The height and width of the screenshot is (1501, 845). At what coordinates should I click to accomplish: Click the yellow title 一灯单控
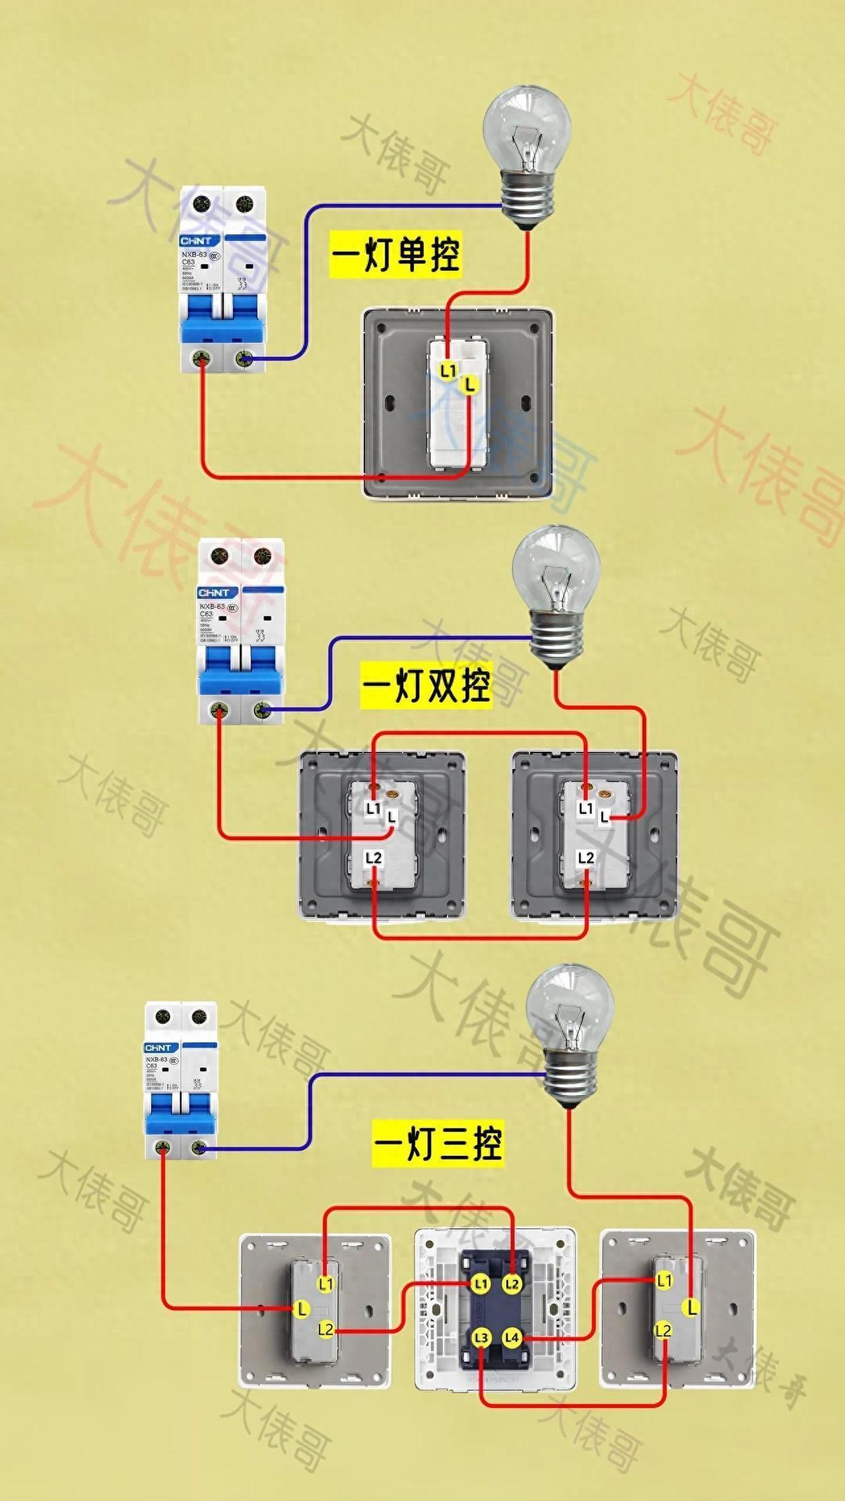[395, 254]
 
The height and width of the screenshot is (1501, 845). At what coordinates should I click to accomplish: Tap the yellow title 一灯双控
[426, 685]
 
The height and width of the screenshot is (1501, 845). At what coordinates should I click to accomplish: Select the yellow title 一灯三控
[438, 1143]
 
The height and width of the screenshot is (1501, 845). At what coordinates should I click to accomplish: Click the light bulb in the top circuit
[527, 156]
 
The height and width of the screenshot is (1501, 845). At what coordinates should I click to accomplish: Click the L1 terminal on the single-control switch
[448, 370]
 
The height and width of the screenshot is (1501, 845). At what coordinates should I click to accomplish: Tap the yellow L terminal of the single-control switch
[469, 385]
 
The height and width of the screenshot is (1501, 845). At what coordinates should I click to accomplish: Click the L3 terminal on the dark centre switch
[481, 1338]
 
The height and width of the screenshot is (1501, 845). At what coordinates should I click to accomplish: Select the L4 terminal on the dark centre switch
[512, 1338]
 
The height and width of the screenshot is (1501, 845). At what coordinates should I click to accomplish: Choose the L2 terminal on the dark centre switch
[512, 1284]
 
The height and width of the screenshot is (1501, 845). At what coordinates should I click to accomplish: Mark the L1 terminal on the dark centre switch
[481, 1284]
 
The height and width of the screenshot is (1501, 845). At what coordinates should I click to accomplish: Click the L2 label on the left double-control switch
[374, 858]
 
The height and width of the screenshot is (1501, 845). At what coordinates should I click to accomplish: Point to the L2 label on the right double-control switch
[586, 858]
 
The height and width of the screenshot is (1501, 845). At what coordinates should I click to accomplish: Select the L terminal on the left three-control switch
[301, 1308]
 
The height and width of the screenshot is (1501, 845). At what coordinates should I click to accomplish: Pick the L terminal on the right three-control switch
[691, 1306]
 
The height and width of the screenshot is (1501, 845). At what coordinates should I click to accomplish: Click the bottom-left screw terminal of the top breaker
[202, 359]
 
